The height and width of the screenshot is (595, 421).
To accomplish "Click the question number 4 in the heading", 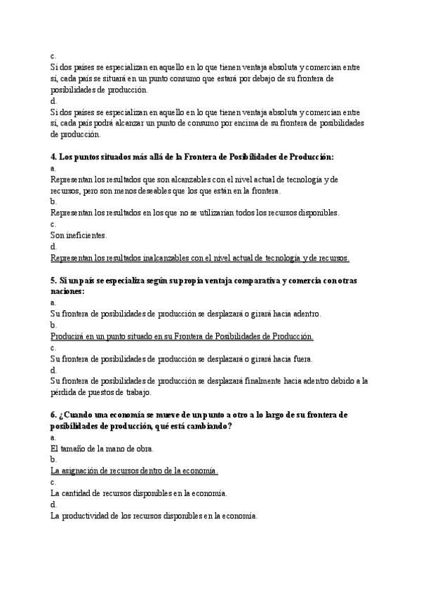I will click(53, 156).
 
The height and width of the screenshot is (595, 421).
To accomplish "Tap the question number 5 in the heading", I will click(53, 281).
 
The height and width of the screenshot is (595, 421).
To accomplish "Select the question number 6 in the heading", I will click(53, 415).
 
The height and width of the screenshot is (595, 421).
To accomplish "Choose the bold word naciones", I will click(67, 291).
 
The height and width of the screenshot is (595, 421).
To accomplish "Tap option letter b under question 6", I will click(53, 460).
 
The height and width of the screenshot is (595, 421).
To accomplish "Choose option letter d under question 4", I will click(53, 247).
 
